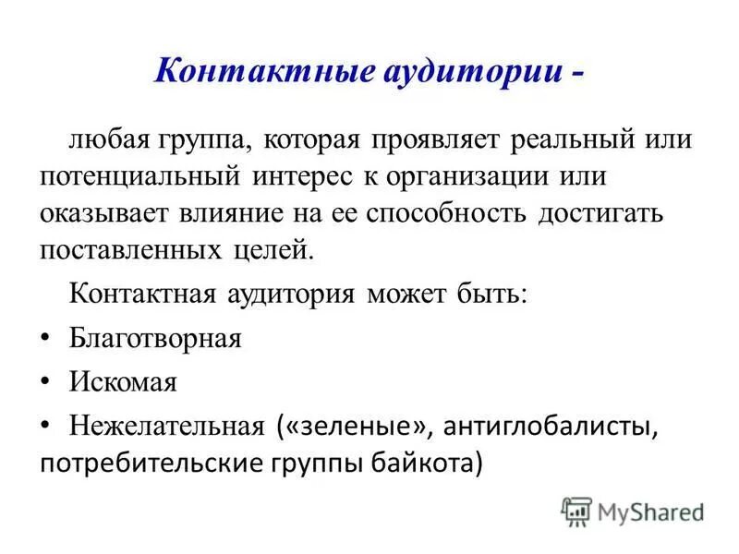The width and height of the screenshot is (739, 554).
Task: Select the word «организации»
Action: pos(487,177)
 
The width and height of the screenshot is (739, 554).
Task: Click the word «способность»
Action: pos(447,213)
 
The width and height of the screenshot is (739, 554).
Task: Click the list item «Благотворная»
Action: pos(155,339)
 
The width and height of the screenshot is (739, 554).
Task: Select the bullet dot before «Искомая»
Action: pos(46,381)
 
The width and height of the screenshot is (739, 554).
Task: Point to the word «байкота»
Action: pos(427,461)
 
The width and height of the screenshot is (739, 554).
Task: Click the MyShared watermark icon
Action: pos(576,511)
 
